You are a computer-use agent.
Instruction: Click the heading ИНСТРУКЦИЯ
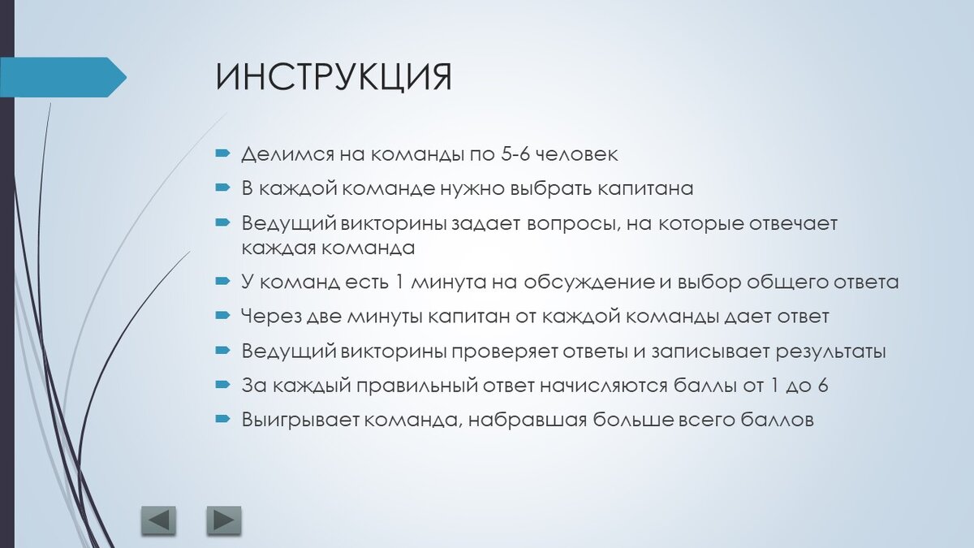click(334, 78)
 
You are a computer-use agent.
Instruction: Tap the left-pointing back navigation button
click(159, 520)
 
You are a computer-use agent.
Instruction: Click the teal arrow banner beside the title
click(63, 77)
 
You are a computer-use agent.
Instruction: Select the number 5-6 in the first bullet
click(515, 154)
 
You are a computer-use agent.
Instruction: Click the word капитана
click(644, 189)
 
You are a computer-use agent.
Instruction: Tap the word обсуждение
click(589, 283)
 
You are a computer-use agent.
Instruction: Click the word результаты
click(831, 352)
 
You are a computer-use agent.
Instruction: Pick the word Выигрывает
click(301, 421)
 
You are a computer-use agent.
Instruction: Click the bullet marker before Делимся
click(222, 153)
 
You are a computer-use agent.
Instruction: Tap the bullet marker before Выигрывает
click(222, 419)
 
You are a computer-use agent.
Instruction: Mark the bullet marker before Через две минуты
click(222, 315)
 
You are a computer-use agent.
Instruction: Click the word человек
click(575, 155)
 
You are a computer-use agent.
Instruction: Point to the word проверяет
click(503, 352)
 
